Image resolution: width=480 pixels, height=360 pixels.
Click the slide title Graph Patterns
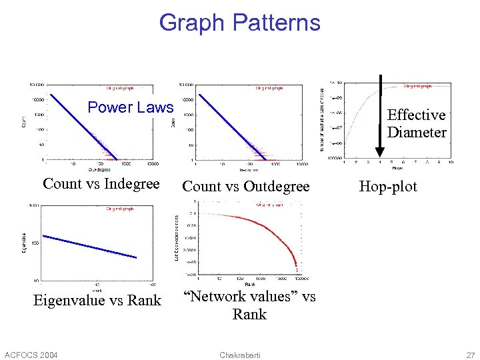239,23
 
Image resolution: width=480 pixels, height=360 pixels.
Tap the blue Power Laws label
131,107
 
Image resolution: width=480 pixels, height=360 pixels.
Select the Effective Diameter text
417,124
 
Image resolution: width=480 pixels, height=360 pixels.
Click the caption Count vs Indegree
101,184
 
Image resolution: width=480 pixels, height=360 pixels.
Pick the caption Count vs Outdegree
246,187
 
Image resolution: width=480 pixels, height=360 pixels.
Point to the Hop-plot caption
388,187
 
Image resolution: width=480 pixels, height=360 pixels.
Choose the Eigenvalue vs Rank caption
97,301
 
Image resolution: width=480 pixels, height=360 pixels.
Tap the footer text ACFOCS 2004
31,354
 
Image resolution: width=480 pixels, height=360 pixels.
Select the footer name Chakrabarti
239,354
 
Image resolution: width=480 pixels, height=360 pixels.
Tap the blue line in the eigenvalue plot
90,247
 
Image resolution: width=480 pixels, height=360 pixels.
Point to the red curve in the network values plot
267,225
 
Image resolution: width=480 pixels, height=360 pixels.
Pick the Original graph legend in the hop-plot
418,86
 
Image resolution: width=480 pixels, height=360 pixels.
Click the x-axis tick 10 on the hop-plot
451,162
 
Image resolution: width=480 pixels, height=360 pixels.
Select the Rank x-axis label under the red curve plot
249,285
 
